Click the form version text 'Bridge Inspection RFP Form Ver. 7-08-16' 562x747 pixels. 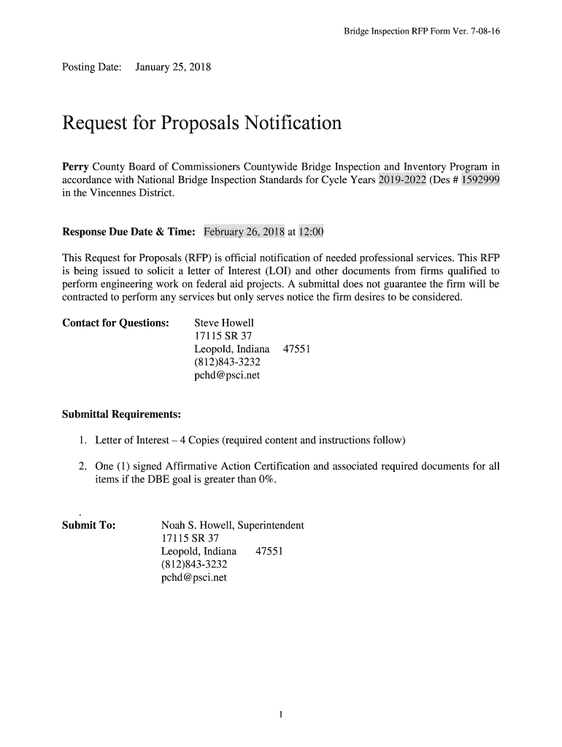422,32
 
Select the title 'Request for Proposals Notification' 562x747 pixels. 201,123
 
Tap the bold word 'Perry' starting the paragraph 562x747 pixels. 74,166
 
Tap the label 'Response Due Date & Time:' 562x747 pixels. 128,233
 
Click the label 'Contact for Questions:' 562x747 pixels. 116,322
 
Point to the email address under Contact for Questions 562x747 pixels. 226,375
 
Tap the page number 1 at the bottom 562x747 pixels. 281,714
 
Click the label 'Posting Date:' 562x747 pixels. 90,68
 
